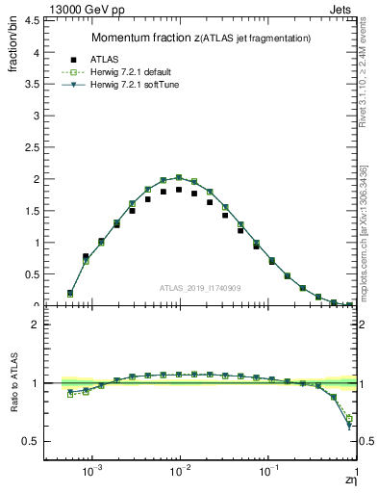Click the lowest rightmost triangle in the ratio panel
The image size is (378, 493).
(x=349, y=427)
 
